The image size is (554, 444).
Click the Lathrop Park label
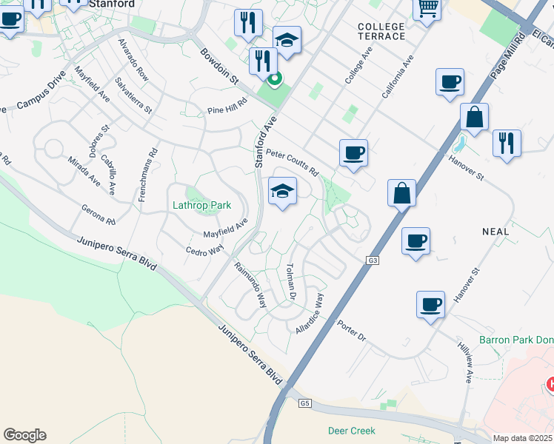(x=201, y=205)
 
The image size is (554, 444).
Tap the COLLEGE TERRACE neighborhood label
(x=381, y=31)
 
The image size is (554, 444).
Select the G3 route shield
(x=372, y=260)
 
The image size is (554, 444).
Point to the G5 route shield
(x=304, y=403)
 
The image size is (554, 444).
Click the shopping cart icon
(x=427, y=9)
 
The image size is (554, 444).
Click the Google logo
(x=24, y=435)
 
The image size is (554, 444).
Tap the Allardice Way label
(x=310, y=313)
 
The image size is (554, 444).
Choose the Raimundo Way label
(x=250, y=284)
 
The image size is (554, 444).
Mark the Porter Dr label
(x=351, y=331)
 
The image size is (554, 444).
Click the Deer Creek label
(x=352, y=431)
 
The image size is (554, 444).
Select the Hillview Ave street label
(x=465, y=363)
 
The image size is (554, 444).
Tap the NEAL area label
(x=495, y=232)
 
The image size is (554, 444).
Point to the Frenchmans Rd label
(x=154, y=158)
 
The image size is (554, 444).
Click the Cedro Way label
(x=204, y=251)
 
